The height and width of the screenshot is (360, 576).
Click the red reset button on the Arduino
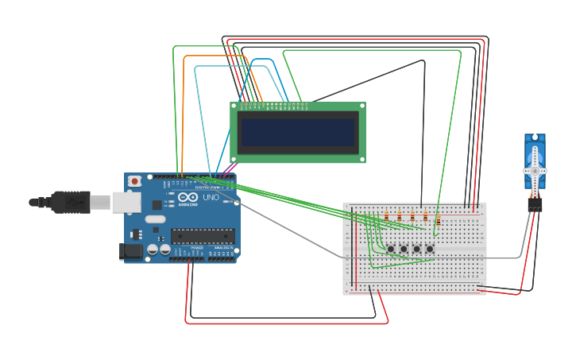point(135,181)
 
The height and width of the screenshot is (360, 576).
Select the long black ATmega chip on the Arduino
point(203,235)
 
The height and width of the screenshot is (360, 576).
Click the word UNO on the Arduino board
point(211,197)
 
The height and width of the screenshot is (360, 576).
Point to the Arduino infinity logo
point(188,197)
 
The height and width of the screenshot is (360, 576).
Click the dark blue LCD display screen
point(298,133)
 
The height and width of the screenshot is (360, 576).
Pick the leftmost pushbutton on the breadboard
point(391,250)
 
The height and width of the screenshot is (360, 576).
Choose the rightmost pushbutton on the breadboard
point(430,250)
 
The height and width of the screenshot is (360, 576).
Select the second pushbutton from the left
point(404,250)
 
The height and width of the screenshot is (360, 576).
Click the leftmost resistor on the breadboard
point(386,215)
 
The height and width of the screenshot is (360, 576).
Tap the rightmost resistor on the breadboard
point(438,220)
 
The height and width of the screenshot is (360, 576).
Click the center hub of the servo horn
point(535,171)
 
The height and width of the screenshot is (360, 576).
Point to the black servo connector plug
point(535,204)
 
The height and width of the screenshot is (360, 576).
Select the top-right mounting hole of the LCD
point(361,106)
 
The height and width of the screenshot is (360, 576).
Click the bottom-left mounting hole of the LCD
point(234,159)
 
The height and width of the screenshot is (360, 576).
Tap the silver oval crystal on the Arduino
point(156,219)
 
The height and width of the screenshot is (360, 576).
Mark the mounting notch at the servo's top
point(535,137)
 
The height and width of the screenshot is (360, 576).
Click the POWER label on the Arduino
point(195,249)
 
